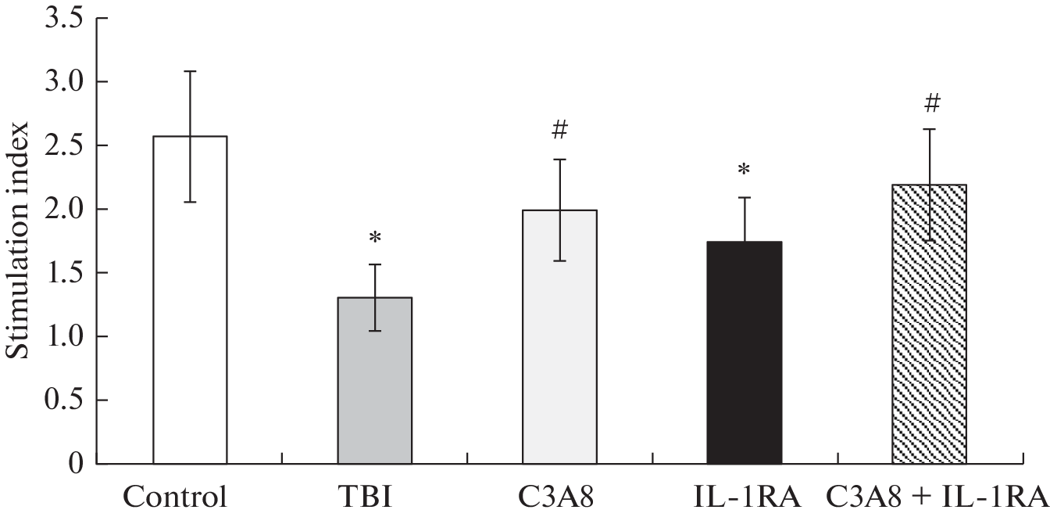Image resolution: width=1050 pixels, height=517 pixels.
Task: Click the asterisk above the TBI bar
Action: [375, 238]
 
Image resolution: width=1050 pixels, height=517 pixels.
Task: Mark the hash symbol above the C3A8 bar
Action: [559, 131]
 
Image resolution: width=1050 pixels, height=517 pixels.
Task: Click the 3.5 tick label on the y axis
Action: [64, 18]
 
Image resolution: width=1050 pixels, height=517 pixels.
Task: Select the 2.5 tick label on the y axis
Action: [64, 145]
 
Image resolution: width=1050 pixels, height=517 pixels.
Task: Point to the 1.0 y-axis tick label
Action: [64, 337]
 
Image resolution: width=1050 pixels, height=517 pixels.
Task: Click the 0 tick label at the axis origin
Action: [76, 465]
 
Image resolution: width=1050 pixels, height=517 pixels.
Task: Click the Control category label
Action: [176, 497]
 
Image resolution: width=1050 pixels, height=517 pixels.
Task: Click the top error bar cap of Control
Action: [190, 71]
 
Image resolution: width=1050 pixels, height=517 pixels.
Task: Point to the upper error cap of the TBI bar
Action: [375, 264]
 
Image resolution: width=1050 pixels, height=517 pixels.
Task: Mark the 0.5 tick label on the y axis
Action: [64, 400]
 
